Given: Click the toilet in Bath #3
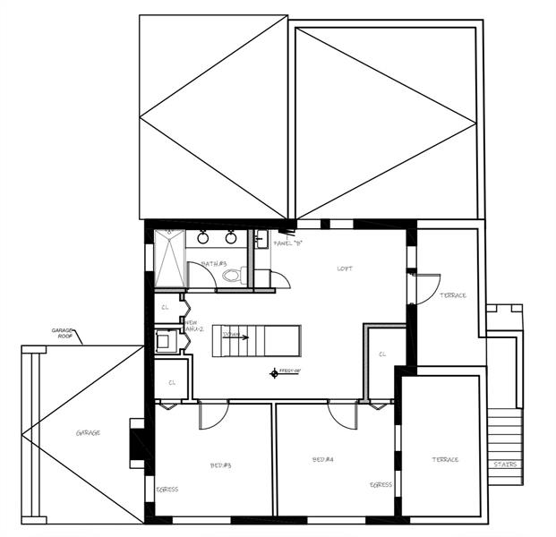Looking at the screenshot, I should coord(230,275).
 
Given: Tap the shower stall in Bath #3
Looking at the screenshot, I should coord(169,259).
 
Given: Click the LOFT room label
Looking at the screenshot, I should coord(345,268).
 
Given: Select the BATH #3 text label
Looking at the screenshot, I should coord(214,264).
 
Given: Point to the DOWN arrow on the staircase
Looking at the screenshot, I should coord(235,336).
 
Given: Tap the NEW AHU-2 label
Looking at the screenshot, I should coord(194,325).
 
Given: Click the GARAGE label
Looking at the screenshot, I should coord(88,432).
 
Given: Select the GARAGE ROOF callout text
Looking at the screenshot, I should coord(62,333).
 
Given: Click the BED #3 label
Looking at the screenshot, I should coord(222,465).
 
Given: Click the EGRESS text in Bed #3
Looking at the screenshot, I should coord(167,490).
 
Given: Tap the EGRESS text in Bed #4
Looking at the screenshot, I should coord(381,484).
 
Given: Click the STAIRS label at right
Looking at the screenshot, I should coord(504,464).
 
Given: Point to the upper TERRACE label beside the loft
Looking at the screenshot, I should coord(454,295).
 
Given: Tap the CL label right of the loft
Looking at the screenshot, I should coord(382,354).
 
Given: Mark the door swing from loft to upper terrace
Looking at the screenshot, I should coord(425,287).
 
